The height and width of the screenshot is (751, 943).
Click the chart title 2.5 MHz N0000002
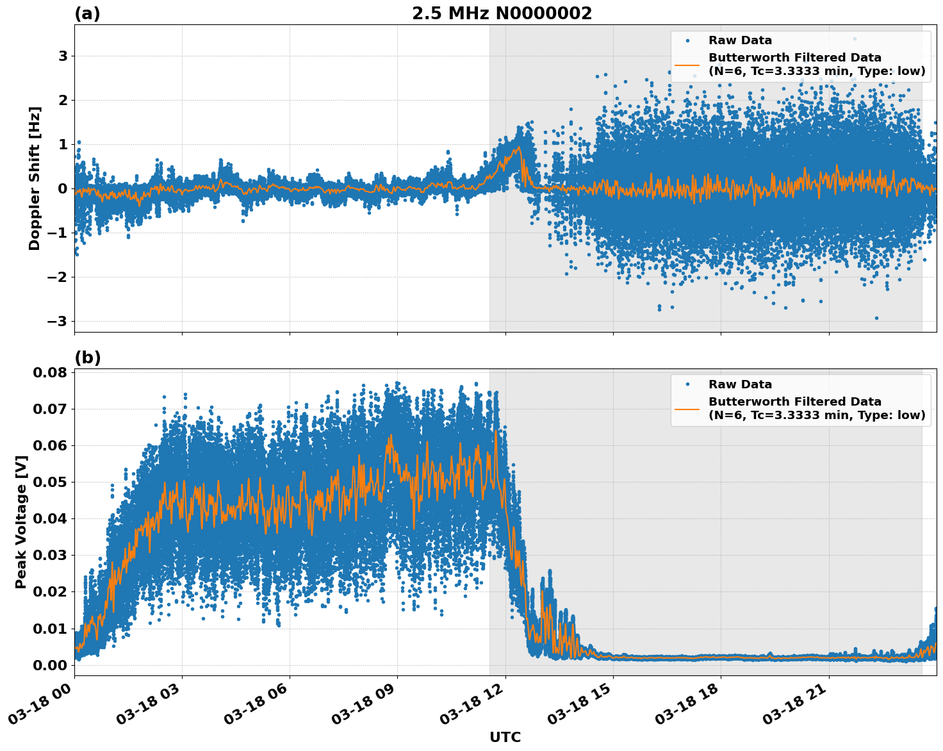[x=502, y=13]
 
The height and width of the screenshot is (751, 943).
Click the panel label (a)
[x=87, y=13]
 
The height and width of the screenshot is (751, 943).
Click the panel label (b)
[x=87, y=358]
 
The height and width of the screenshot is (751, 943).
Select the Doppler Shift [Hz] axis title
[x=35, y=178]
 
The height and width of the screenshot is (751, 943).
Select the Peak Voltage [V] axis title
[x=21, y=522]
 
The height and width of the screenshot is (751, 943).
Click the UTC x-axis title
[x=505, y=737]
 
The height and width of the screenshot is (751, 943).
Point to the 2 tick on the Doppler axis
[x=63, y=100]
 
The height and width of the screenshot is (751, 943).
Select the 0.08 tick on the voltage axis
[x=49, y=372]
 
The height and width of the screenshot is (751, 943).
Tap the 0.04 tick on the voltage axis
[x=49, y=518]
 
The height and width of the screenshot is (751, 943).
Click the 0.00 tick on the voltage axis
[x=49, y=664]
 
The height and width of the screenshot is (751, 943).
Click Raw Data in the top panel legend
[x=740, y=40]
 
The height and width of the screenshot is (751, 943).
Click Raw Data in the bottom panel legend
[x=740, y=384]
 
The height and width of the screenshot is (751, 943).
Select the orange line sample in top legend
[x=687, y=64]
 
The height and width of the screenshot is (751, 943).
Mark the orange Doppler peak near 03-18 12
[x=517, y=148]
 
